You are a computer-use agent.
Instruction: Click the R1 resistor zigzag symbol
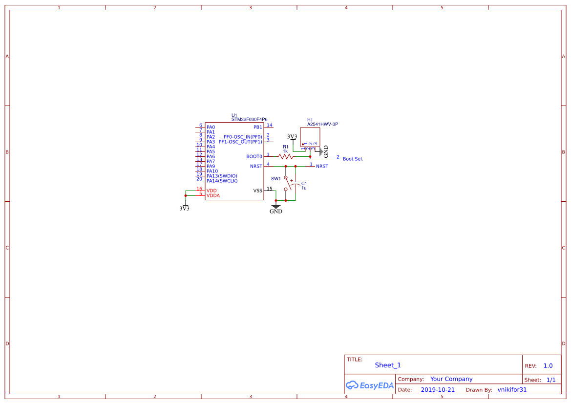286,156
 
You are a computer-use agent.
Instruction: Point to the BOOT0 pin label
254,156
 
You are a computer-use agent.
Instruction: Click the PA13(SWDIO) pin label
222,176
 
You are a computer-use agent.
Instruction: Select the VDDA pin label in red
213,195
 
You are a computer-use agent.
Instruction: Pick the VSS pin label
257,191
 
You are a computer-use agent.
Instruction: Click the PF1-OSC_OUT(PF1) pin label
240,142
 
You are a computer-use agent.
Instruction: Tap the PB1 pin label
258,127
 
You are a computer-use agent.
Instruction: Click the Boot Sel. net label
353,159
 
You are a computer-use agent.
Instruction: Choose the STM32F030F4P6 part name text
249,119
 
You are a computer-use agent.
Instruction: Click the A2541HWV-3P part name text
322,124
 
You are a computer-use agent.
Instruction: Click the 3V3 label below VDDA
185,208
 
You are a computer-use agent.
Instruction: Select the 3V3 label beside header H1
292,137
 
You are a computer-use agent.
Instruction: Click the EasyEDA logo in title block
370,385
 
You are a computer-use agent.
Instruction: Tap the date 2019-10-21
438,390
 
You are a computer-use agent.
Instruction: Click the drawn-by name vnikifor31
512,390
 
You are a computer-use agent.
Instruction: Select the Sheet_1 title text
388,365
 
